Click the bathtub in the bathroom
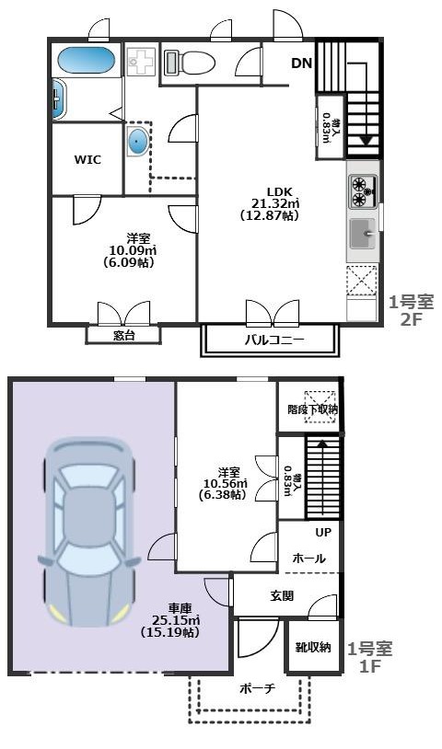(86, 62)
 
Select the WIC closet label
(87, 158)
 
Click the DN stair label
(301, 63)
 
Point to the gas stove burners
(360, 191)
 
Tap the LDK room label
(279, 191)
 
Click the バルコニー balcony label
(274, 340)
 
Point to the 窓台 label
(124, 335)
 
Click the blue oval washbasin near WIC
(137, 142)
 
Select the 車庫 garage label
(169, 608)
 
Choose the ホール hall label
(308, 558)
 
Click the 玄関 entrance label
(282, 596)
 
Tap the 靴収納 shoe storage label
(313, 648)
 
